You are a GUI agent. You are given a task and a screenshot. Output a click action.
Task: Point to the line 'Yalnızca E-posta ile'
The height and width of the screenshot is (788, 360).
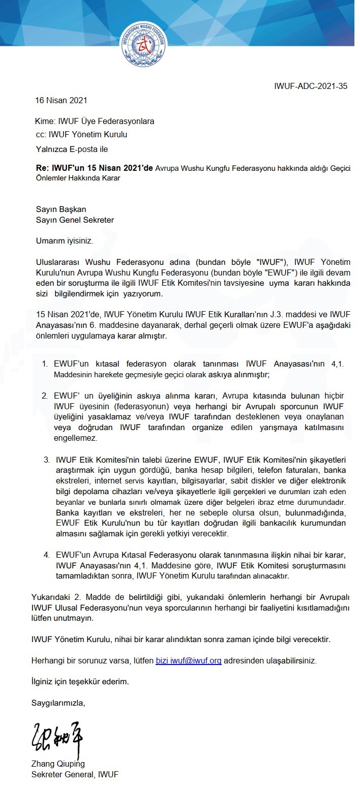(71, 149)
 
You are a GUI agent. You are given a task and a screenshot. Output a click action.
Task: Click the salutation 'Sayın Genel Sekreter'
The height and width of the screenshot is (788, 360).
(75, 220)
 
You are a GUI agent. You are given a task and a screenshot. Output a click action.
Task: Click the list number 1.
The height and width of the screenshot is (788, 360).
(45, 365)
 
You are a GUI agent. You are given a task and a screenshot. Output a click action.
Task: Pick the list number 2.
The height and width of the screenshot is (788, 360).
(45, 395)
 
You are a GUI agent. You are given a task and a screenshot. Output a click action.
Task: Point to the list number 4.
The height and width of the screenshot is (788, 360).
(46, 554)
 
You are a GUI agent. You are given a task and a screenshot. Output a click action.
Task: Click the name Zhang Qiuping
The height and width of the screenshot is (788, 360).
(58, 764)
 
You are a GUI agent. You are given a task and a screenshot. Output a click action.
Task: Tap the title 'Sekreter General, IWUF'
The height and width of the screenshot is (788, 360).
(75, 774)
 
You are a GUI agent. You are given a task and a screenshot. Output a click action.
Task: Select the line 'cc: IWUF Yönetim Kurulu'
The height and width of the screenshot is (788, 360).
(81, 135)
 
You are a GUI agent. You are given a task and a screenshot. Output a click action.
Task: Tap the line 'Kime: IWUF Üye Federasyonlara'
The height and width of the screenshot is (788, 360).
(94, 122)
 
